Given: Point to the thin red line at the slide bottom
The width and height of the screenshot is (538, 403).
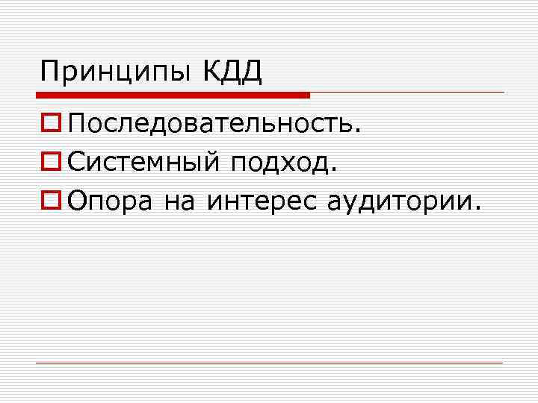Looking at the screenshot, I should (x=269, y=363).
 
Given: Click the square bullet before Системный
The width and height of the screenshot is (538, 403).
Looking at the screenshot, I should (x=51, y=160).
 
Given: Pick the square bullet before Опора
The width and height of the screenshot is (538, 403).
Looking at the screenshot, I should (x=51, y=199).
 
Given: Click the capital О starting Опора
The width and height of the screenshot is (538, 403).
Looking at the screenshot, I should (x=77, y=199).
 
